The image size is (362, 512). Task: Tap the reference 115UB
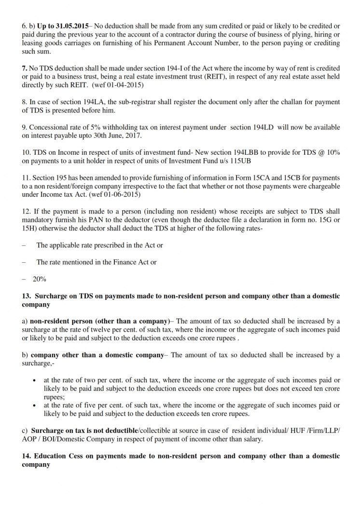coord(238,161)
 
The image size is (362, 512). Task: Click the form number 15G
coord(323,220)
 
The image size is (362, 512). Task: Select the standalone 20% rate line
coord(39,279)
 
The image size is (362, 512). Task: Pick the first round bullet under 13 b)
coord(34,380)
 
